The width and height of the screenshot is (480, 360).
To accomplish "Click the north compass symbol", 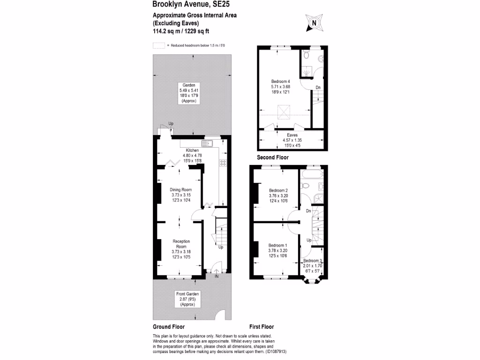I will tap(314, 22).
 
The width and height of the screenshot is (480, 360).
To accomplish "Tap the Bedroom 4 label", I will tap(281, 81).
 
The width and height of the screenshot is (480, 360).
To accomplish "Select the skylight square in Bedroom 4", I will tap(284, 112).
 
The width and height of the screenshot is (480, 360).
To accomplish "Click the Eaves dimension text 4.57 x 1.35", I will tap(292, 140).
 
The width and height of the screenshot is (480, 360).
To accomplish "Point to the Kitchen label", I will tap(192, 150).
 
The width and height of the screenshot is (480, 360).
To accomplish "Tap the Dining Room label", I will tap(180, 190).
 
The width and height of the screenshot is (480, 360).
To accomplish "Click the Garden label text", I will tap(189, 85).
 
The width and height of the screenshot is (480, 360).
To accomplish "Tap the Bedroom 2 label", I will tap(278, 190).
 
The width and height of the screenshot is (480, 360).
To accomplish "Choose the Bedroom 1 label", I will tap(278, 245).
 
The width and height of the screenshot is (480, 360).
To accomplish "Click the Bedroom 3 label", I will tap(313, 261).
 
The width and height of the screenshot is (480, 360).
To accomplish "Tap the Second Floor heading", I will tap(273, 158).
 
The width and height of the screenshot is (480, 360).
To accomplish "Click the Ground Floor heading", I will tap(169, 327).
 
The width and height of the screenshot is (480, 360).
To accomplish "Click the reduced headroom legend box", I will tap(159, 45).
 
